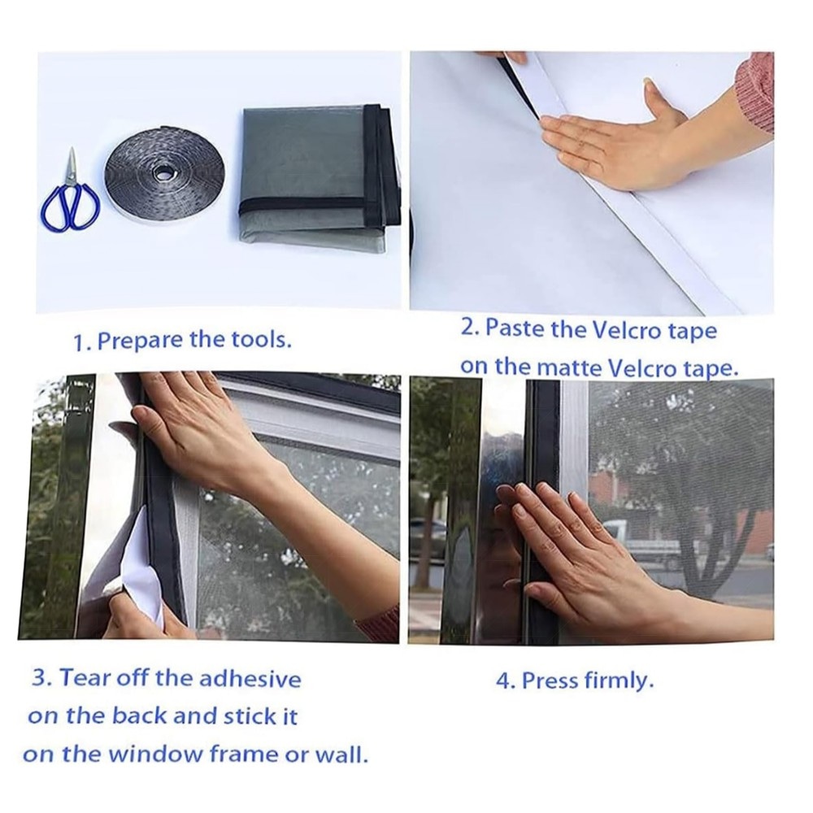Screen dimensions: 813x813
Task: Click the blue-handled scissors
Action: pos(70,196)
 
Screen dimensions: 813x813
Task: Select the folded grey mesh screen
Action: pos(320,176)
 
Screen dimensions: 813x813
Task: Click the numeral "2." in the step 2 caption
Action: pos(470,328)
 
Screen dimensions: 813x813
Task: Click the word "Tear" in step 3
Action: pos(85,677)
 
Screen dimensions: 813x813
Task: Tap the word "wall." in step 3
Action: pos(341,754)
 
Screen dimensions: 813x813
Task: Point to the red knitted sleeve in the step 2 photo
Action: pos(755,93)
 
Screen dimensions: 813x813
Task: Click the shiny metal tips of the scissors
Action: pos(72,166)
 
